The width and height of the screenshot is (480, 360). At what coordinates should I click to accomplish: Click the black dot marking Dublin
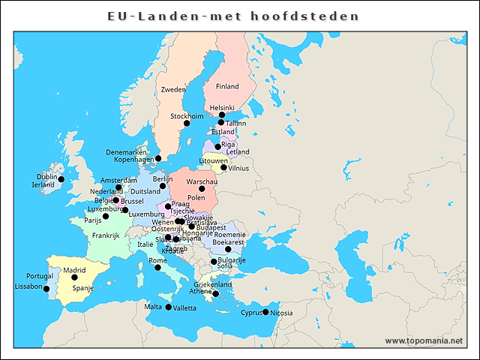[61, 179]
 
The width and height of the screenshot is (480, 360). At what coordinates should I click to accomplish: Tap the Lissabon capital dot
[46, 289]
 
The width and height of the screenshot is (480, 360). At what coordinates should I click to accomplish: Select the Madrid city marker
[74, 277]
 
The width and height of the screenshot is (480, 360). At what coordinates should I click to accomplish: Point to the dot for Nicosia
[265, 312]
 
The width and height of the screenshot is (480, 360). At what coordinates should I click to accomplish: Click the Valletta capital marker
[168, 307]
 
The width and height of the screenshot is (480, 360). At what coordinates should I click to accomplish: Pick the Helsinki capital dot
[221, 115]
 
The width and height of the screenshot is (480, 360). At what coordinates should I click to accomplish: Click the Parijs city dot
[106, 216]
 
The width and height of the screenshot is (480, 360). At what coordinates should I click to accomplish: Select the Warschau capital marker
[202, 188]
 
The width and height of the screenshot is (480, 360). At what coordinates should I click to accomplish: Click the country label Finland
[227, 86]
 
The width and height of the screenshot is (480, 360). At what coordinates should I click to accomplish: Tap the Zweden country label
[173, 89]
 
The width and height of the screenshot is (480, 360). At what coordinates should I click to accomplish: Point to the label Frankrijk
[106, 235]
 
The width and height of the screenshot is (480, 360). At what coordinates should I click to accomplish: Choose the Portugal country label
[39, 276]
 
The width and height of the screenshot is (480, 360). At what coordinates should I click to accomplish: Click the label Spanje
[82, 288]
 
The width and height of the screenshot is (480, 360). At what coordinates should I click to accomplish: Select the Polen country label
[196, 198]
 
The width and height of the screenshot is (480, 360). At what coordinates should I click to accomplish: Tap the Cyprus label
[250, 313]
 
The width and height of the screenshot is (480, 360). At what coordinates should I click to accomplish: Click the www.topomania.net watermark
[424, 340]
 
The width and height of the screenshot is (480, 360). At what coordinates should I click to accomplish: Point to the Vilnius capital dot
[223, 168]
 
